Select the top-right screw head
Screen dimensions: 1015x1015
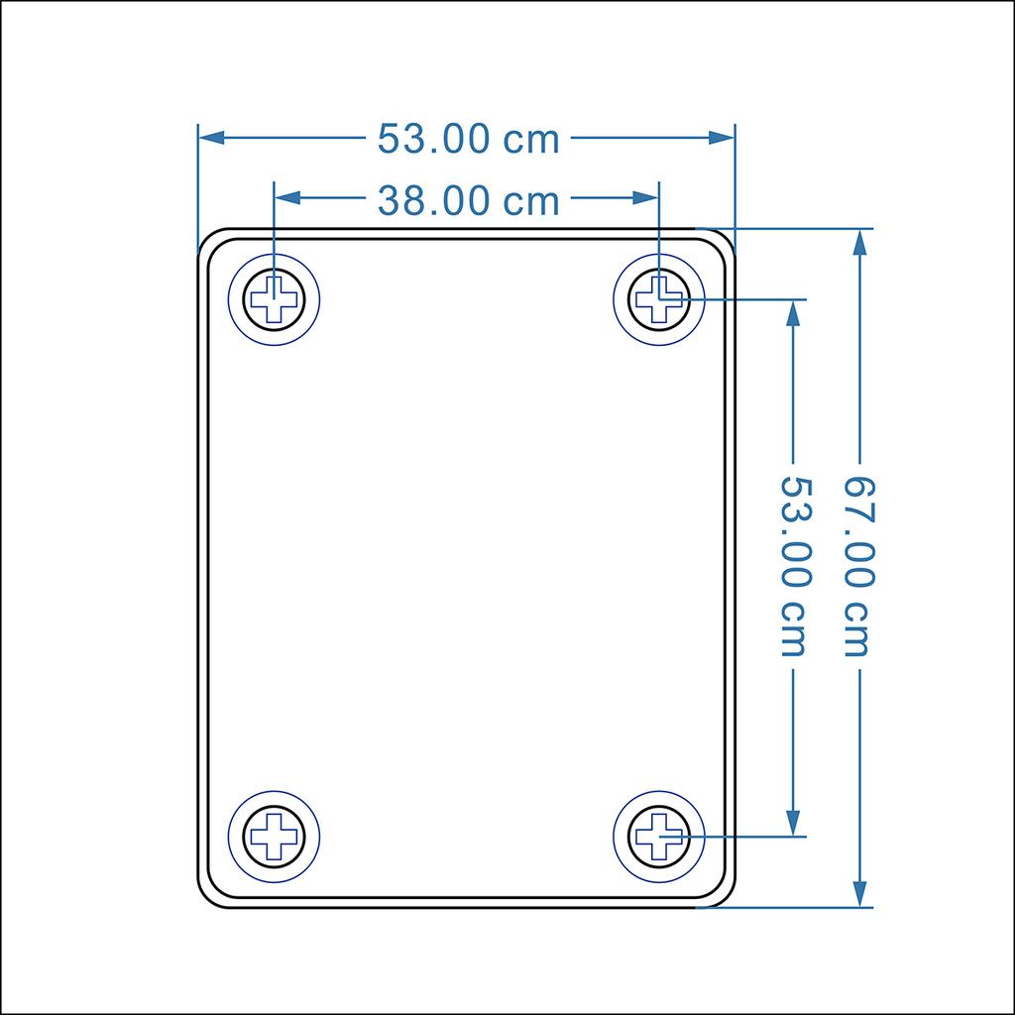pos(659,298)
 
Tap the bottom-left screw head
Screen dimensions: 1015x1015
pos(275,836)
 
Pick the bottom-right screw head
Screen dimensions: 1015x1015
pos(659,836)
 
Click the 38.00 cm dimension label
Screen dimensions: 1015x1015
pos(468,201)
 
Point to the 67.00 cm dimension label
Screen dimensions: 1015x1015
pos(859,566)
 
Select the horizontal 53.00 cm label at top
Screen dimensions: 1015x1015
pos(468,140)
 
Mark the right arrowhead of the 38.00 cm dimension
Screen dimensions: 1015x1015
pos(648,198)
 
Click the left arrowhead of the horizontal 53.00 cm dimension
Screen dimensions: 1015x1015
pos(210,138)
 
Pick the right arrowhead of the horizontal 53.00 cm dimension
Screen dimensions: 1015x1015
pos(724,138)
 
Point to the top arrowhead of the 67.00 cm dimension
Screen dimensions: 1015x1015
pos(860,241)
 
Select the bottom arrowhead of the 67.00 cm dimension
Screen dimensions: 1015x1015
pos(860,894)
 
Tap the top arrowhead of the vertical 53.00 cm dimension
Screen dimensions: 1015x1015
pos(793,311)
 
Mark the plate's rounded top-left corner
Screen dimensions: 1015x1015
pos(209,240)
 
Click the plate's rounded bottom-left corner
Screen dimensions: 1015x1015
pos(209,895)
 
